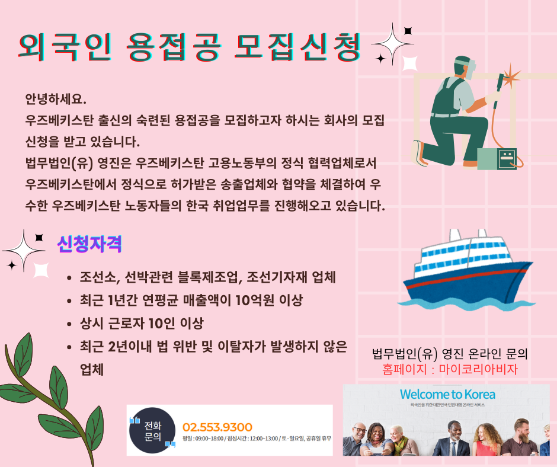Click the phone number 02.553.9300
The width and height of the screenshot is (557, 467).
pos(217,427)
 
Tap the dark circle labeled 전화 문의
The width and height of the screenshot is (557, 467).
pos(152,430)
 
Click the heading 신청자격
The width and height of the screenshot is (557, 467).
pos(89,244)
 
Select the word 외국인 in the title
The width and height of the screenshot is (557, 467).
pos(65,47)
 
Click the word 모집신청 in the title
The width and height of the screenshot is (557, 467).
pos(297,47)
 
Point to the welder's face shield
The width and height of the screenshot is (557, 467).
pos(469,69)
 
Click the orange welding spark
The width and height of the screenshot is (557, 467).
pos(510,76)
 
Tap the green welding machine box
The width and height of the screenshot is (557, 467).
pos(497,158)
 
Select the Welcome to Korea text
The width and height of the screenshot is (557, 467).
pos(447,394)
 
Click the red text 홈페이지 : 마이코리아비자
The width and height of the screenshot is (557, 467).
pos(450,369)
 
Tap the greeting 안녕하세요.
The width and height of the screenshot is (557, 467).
pos(56,99)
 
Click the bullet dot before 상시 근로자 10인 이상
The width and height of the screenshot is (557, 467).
pos(69,324)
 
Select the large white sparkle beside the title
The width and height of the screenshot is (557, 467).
pos(392,44)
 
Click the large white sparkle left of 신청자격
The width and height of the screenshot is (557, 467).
pos(24,251)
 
